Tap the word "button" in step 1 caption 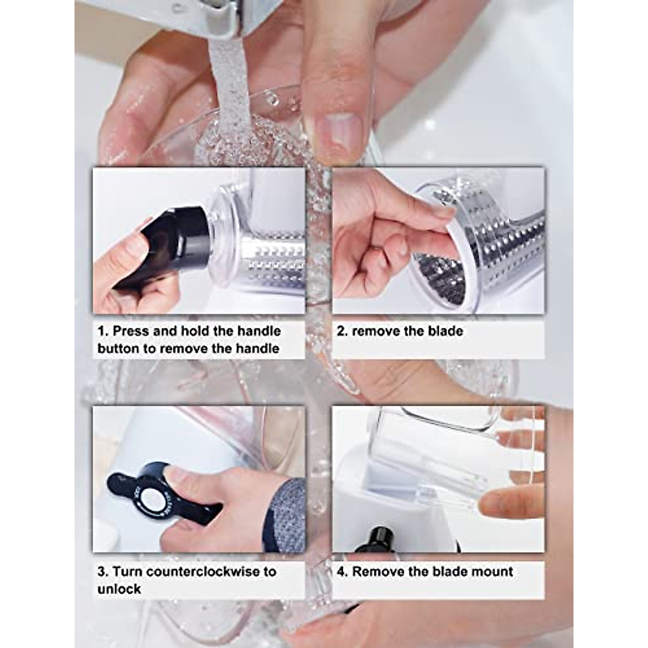[118, 349]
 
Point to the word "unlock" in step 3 [119, 589]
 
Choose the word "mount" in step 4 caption [490, 571]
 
